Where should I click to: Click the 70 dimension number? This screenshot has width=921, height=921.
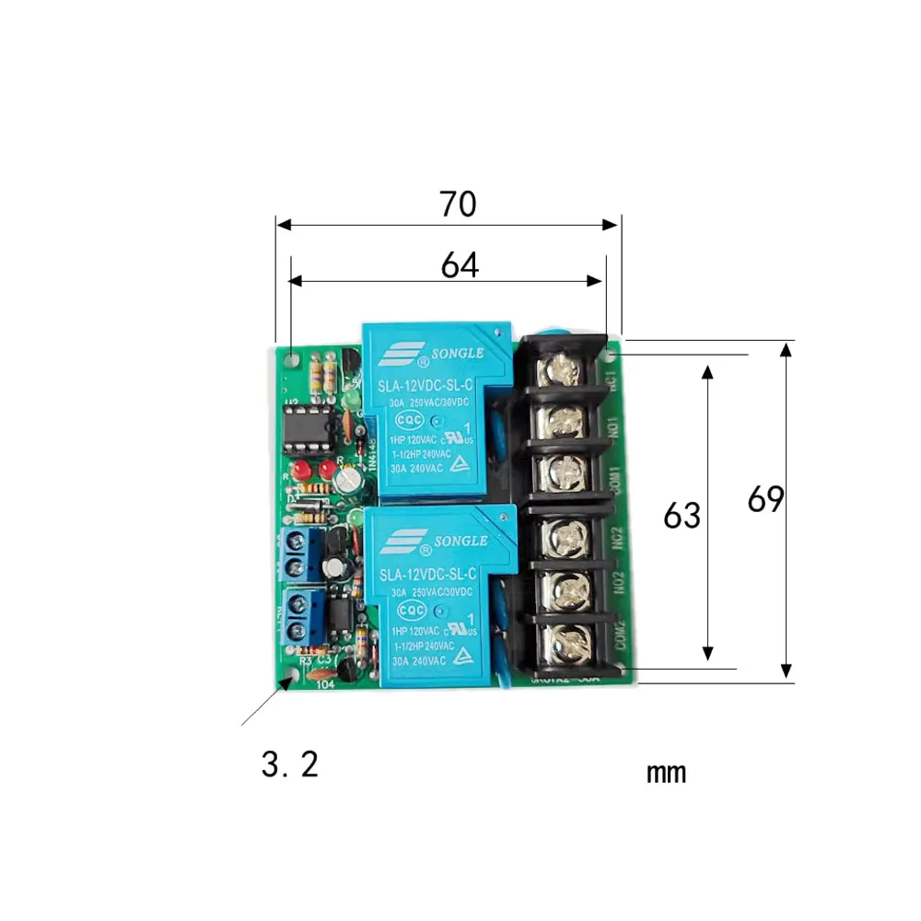tap(458, 204)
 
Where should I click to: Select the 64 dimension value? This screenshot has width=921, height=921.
tap(460, 265)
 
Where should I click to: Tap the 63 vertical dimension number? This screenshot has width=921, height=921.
tap(682, 516)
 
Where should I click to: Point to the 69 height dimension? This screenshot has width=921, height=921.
tap(765, 500)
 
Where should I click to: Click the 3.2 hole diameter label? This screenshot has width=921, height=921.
tap(290, 764)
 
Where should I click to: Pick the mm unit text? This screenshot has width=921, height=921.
tap(666, 772)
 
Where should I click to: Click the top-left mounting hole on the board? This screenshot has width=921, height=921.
tap(292, 359)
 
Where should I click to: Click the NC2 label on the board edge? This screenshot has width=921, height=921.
tap(620, 536)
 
